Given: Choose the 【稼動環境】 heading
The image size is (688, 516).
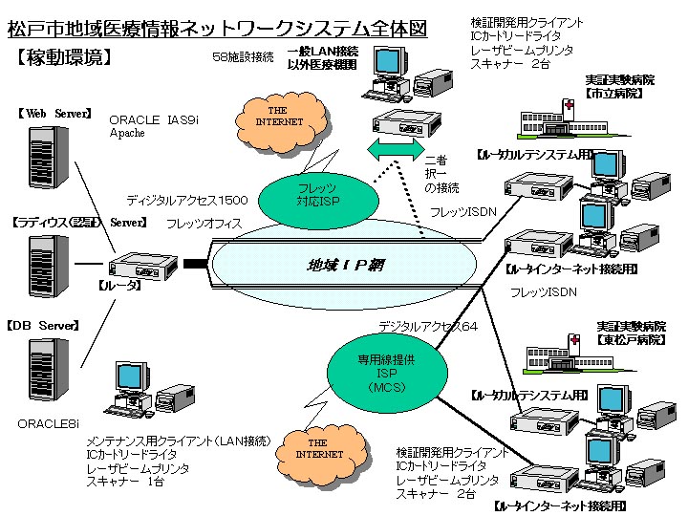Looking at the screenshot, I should (64, 56).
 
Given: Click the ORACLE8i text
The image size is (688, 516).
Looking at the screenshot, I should (49, 421).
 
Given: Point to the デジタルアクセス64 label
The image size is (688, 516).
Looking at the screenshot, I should (427, 326).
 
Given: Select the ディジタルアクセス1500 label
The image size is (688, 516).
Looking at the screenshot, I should (187, 201).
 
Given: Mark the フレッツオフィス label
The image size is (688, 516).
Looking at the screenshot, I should (204, 224).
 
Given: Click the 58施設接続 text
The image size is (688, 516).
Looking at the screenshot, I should (245, 56).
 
